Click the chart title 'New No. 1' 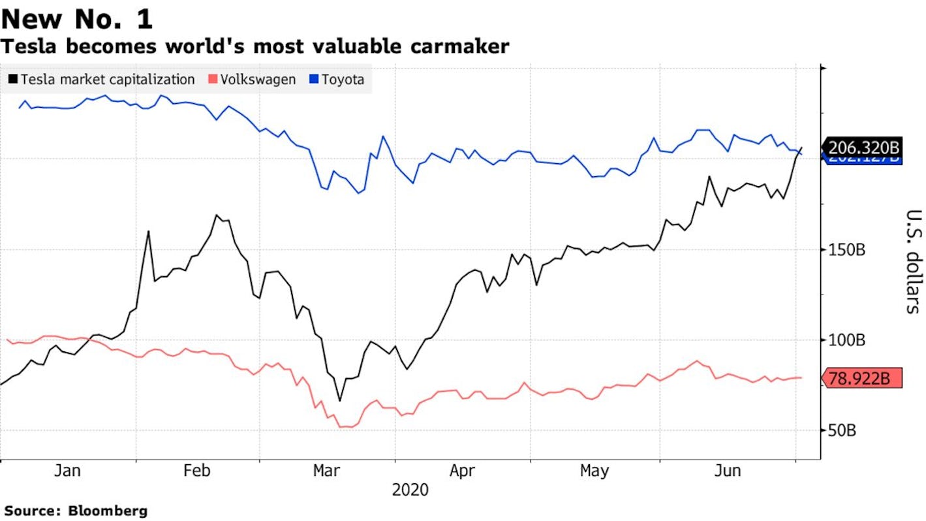pos(77,19)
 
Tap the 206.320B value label pos(863,147)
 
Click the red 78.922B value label pos(863,378)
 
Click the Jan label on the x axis pos(68,471)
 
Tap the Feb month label pos(197,471)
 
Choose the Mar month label pos(326,471)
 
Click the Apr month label pos(462,471)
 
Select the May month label pos(594,471)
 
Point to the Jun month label pos(727,471)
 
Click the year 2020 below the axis pos(410,490)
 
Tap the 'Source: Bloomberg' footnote pos(76,511)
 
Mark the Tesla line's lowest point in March pos(339,400)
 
